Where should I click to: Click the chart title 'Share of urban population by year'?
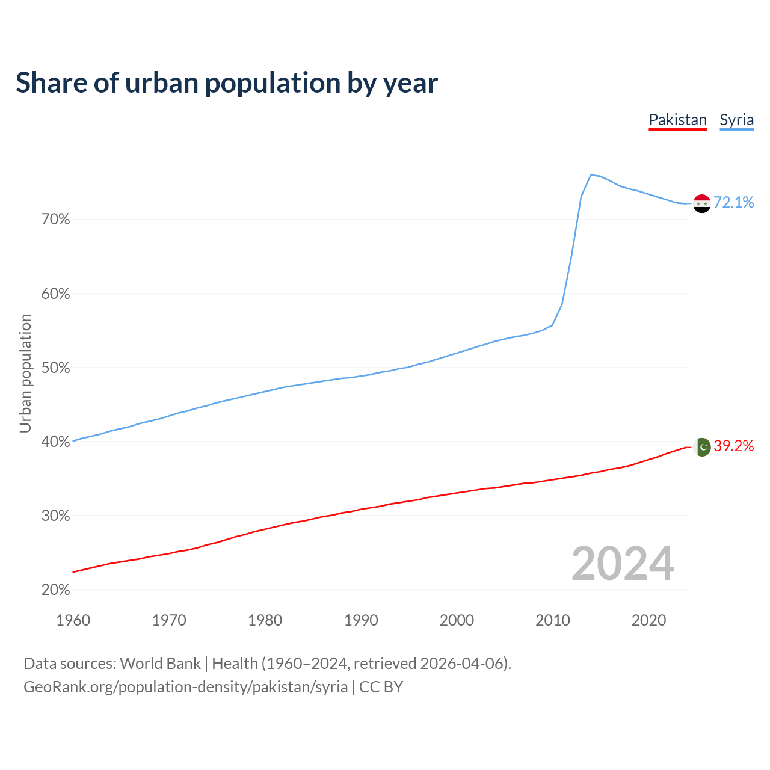click(x=227, y=83)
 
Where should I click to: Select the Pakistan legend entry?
click(x=678, y=120)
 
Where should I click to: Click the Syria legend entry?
click(x=737, y=120)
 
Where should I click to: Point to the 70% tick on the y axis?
click(x=56, y=220)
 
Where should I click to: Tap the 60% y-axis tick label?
click(x=56, y=294)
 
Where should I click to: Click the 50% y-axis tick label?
click(x=56, y=368)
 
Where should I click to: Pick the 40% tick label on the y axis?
click(x=56, y=442)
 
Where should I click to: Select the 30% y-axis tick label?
click(x=56, y=516)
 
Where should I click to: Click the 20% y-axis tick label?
click(x=56, y=590)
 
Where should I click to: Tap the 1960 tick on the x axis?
click(x=73, y=620)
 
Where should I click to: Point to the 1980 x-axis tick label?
click(x=265, y=620)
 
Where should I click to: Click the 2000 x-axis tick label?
click(x=457, y=620)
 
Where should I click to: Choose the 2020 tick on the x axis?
click(x=648, y=620)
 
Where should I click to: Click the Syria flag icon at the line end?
click(x=702, y=203)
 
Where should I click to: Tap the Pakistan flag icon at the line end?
click(x=703, y=446)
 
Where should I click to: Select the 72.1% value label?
click(x=734, y=202)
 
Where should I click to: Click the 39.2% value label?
click(x=734, y=446)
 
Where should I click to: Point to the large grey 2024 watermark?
click(x=623, y=564)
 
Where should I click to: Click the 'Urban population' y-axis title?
click(x=25, y=373)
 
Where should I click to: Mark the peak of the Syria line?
click(x=591, y=174)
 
